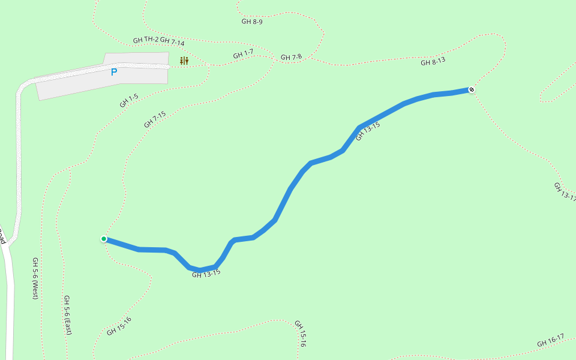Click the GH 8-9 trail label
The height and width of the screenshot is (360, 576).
click(252, 21)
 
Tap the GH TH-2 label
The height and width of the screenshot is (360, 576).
click(146, 40)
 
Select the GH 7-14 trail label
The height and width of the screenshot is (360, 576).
click(172, 43)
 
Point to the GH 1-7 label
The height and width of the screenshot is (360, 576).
click(243, 55)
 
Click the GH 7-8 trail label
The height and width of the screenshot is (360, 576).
click(291, 58)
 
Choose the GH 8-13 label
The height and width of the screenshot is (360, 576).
click(433, 61)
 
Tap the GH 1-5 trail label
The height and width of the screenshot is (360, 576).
click(129, 100)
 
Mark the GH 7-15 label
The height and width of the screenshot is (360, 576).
click(155, 119)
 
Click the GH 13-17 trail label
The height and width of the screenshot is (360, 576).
click(565, 191)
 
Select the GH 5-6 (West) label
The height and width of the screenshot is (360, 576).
click(35, 278)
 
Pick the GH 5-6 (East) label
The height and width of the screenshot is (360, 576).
click(68, 314)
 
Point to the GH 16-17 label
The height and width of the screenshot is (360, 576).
click(551, 341)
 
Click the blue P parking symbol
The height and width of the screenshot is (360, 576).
click(114, 72)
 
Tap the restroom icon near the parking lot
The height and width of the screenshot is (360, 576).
click(184, 61)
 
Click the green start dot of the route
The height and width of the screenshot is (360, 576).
click(104, 239)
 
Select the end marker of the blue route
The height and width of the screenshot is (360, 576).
click(472, 90)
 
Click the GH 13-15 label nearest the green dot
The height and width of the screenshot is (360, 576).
click(206, 274)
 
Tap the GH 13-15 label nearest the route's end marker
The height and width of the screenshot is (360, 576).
click(368, 131)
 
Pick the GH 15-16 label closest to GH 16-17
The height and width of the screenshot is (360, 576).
click(300, 334)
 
